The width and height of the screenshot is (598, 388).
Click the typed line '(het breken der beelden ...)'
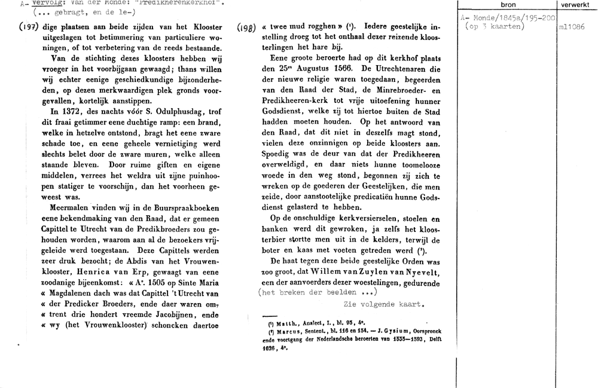(317, 292)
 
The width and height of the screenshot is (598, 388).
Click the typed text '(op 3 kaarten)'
(495, 27)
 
